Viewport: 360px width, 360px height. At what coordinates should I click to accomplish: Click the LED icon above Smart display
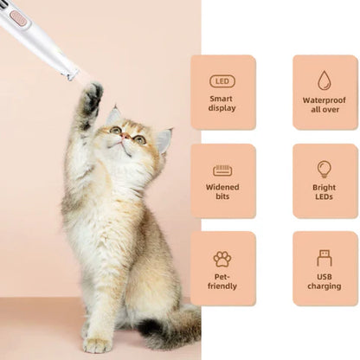pyautogui.click(x=222, y=81)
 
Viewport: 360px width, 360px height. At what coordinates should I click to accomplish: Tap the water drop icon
pyautogui.click(x=325, y=80)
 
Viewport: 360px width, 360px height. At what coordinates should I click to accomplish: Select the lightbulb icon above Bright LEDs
pyautogui.click(x=325, y=169)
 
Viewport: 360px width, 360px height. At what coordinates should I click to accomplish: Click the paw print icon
pyautogui.click(x=222, y=258)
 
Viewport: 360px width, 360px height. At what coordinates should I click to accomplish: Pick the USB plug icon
pyautogui.click(x=325, y=257)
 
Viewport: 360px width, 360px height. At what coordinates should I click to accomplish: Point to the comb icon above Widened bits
pyautogui.click(x=222, y=170)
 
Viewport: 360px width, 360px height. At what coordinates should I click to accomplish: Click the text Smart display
pyautogui.click(x=222, y=105)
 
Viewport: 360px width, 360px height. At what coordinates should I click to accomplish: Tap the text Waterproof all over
pyautogui.click(x=325, y=105)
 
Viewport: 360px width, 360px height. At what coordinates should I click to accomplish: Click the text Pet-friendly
pyautogui.click(x=222, y=281)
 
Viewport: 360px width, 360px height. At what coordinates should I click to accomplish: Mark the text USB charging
pyautogui.click(x=325, y=281)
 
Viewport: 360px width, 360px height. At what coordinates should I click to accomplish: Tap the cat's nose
pyautogui.click(x=125, y=137)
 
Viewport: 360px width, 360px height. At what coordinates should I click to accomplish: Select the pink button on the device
pyautogui.click(x=18, y=16)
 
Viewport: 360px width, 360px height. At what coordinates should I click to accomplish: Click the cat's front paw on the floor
pyautogui.click(x=97, y=344)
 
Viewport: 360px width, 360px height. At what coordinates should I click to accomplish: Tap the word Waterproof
pyautogui.click(x=325, y=100)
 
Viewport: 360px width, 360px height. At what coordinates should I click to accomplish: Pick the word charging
pyautogui.click(x=325, y=286)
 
